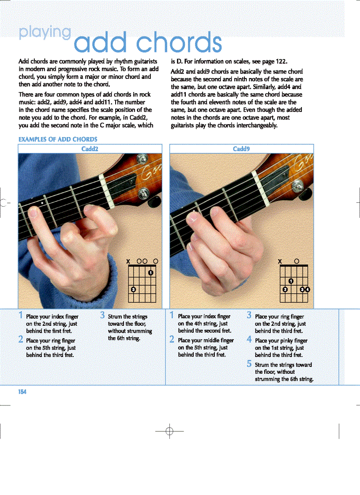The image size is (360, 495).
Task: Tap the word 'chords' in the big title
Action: (x=179, y=43)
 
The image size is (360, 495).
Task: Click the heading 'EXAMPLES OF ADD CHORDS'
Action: (x=57, y=139)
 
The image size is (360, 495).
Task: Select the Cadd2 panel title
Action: (x=90, y=149)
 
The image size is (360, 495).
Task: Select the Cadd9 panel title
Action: (x=241, y=149)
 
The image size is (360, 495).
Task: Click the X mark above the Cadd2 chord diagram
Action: (x=128, y=261)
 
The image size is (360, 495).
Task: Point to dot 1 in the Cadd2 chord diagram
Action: (x=150, y=272)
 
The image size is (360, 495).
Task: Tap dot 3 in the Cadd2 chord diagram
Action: (x=134, y=289)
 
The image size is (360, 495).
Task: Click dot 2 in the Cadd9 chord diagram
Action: (x=285, y=290)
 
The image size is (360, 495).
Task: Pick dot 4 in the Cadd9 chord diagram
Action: (x=307, y=290)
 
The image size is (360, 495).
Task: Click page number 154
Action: (x=22, y=392)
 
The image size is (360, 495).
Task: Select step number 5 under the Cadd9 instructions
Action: (x=249, y=364)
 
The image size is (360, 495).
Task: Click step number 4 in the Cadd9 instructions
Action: (x=249, y=340)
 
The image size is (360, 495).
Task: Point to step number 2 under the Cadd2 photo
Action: (x=21, y=340)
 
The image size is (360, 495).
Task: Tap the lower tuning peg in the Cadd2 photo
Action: (x=144, y=194)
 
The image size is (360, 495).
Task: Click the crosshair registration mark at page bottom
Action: (x=169, y=432)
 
